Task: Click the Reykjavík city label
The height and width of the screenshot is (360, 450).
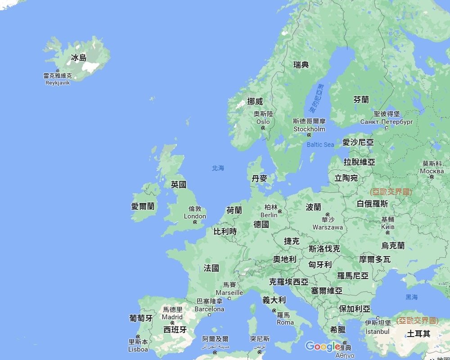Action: (58, 83)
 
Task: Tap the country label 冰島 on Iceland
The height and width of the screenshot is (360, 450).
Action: (79, 58)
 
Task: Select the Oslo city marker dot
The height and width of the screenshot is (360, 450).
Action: (263, 128)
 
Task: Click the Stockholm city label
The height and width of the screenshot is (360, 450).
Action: (309, 129)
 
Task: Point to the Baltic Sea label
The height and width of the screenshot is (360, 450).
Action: (320, 144)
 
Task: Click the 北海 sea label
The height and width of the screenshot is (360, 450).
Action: (218, 168)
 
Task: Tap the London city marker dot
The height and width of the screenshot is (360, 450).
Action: (195, 222)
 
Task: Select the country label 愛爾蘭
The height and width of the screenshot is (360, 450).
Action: (143, 206)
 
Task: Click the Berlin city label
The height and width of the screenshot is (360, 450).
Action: (269, 215)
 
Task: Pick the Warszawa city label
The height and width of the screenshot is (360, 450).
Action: (328, 227)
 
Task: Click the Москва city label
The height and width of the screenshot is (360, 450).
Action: (432, 171)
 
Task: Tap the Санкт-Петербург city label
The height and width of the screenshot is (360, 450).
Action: (387, 122)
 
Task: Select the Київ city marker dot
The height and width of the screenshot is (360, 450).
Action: (387, 233)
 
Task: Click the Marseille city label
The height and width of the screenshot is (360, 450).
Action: (229, 292)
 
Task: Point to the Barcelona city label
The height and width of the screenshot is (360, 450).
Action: (209, 309)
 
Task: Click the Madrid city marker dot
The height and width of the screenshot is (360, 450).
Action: (172, 323)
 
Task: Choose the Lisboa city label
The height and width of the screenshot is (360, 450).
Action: (138, 349)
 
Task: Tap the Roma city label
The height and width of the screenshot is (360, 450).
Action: (285, 322)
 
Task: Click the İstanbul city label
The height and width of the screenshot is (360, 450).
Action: (378, 332)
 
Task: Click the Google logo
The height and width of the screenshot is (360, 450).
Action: (323, 346)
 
